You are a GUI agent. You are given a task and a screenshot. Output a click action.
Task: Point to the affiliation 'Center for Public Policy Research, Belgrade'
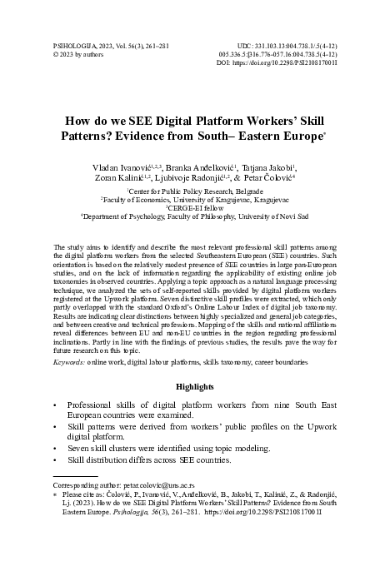[195, 193]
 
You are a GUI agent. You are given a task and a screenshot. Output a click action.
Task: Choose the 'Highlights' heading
[195, 388]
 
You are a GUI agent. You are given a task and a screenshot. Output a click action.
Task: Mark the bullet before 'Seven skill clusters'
[55, 448]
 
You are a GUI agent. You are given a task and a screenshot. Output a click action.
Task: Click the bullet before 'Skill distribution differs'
[55, 459]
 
